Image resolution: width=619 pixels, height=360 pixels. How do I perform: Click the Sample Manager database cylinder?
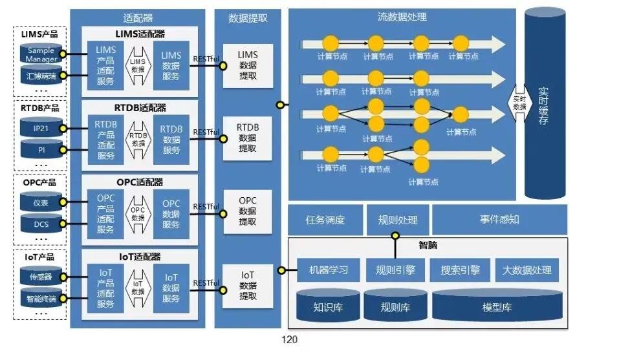[41, 54]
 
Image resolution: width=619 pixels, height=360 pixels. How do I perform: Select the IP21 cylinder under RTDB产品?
[41, 128]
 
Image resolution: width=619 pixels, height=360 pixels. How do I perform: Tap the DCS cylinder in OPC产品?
[41, 224]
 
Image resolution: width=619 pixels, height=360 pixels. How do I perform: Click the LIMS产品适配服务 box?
[105, 65]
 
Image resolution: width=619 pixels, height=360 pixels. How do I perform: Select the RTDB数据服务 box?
[171, 139]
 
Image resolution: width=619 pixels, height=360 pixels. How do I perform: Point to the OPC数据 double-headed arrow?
[138, 213]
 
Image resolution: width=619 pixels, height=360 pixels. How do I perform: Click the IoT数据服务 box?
[171, 288]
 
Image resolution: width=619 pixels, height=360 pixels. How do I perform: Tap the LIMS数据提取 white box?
[248, 65]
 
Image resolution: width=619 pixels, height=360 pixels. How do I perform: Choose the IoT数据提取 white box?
[248, 286]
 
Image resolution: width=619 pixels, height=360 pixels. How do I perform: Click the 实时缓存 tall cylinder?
[545, 103]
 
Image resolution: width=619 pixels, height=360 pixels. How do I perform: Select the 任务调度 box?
[325, 220]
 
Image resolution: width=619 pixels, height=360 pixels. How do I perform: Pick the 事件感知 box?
[499, 220]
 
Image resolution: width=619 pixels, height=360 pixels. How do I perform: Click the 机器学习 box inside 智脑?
[328, 270]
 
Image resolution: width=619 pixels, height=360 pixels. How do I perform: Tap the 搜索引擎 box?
[460, 270]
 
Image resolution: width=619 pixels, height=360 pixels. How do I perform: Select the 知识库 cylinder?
[328, 306]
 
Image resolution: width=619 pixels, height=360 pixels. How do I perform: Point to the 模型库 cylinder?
[497, 306]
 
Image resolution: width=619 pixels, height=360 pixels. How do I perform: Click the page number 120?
[289, 340]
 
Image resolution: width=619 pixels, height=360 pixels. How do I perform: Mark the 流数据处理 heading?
[402, 17]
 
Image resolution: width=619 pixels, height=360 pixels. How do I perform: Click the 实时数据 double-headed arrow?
[519, 103]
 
